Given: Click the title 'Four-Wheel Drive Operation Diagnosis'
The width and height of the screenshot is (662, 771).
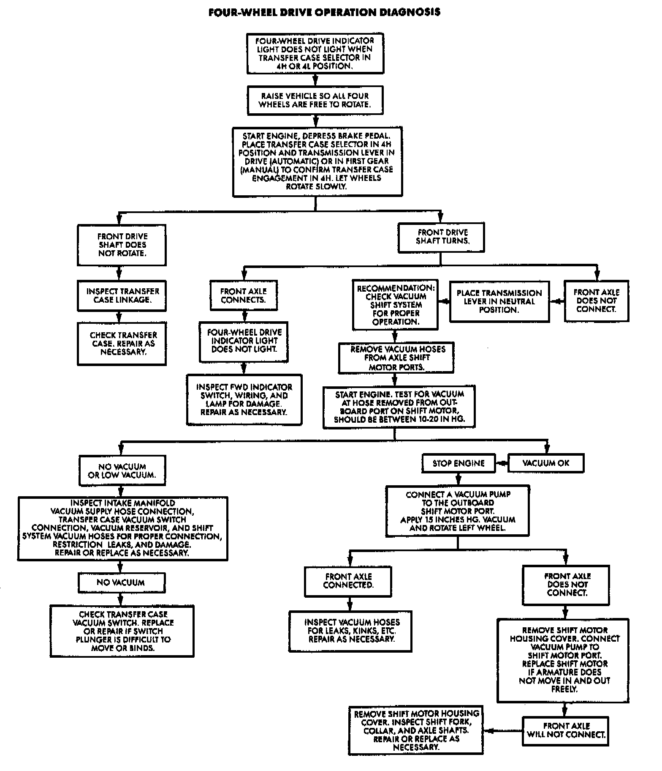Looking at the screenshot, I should [324, 12].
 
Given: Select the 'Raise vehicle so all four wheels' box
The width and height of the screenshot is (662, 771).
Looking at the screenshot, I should [315, 100].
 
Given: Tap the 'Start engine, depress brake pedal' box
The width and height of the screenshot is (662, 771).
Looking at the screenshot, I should [317, 161].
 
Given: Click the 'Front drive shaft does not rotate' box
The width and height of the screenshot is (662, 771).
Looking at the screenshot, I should [122, 245].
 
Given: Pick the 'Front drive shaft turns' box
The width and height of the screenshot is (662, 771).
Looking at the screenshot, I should [442, 237].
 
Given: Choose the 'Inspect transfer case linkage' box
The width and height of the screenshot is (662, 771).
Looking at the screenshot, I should [122, 295].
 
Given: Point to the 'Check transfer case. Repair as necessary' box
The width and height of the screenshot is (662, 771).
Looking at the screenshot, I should [122, 343].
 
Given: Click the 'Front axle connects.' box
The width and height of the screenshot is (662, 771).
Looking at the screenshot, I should [244, 295].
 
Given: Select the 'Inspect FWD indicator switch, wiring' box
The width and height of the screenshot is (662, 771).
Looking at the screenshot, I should [244, 399].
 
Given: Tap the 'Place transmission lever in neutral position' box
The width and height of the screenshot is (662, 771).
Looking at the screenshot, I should [499, 301].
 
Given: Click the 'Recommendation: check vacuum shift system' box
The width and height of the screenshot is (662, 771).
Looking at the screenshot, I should [395, 304].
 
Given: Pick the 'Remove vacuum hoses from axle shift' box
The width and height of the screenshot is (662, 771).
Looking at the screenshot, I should [396, 358].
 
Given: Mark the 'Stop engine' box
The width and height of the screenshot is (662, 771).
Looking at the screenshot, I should [459, 463].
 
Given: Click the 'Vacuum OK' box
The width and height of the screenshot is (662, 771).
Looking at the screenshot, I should [546, 463].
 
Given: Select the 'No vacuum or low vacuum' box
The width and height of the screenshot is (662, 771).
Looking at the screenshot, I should [122, 470].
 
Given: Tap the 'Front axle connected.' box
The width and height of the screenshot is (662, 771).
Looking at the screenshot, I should [348, 581].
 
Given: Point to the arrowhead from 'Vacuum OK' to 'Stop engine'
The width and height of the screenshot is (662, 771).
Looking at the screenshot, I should [501, 463].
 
